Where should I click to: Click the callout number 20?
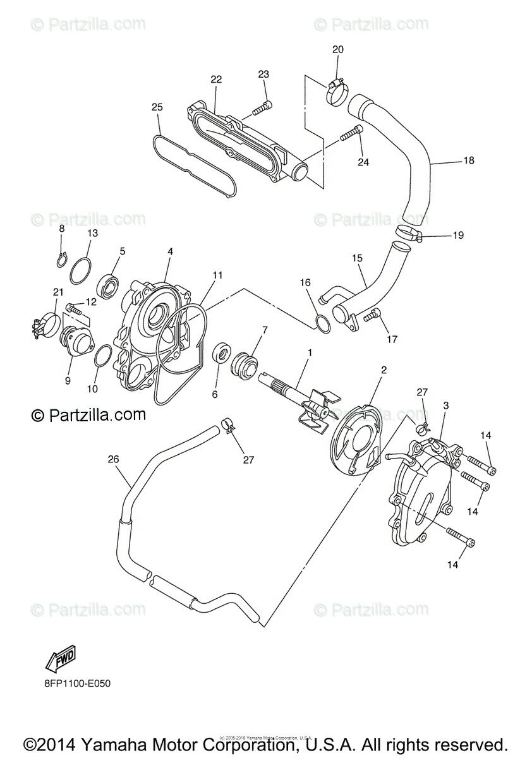point(337,49)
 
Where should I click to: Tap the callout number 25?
point(157,107)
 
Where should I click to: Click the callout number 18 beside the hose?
point(468,160)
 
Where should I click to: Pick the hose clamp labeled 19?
point(409,235)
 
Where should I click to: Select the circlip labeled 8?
point(61,258)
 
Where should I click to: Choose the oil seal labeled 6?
point(221,354)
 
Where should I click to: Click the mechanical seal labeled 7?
point(245,365)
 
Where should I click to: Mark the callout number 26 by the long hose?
point(113,459)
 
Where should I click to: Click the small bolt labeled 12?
point(74,310)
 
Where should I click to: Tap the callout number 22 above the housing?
point(216,79)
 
